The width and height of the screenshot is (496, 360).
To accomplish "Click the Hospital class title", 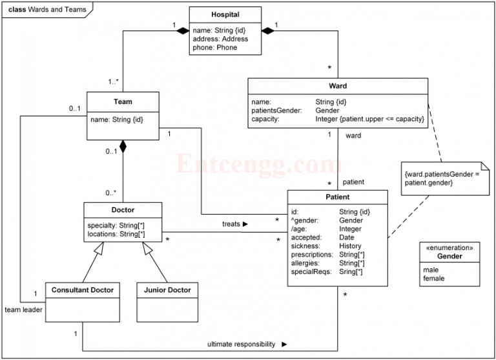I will [x=225, y=15].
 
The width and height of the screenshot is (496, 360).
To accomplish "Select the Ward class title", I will [x=338, y=86].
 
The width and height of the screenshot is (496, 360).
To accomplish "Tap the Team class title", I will [x=123, y=101].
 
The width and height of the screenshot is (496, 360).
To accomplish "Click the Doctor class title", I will [x=123, y=210].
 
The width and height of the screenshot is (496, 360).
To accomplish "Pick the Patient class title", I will [x=337, y=197].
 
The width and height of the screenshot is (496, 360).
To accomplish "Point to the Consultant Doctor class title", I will [x=83, y=290].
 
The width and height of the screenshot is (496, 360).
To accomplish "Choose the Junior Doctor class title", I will [x=167, y=290].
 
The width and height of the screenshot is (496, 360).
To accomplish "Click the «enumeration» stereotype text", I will [x=449, y=248].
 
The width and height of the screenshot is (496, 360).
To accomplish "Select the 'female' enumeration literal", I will [x=433, y=279].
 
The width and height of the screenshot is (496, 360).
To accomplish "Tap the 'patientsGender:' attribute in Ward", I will [x=276, y=111].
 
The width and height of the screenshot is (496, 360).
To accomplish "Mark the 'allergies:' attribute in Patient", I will [x=306, y=264].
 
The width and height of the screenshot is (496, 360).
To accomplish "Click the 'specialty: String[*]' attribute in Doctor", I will [x=116, y=225].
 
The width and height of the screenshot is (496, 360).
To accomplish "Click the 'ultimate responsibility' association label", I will [x=241, y=344].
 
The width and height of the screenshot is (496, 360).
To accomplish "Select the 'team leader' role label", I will [x=23, y=310].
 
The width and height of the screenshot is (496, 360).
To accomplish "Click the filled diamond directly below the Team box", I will [x=123, y=147].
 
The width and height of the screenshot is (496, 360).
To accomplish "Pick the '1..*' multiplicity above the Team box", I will [x=112, y=81].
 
